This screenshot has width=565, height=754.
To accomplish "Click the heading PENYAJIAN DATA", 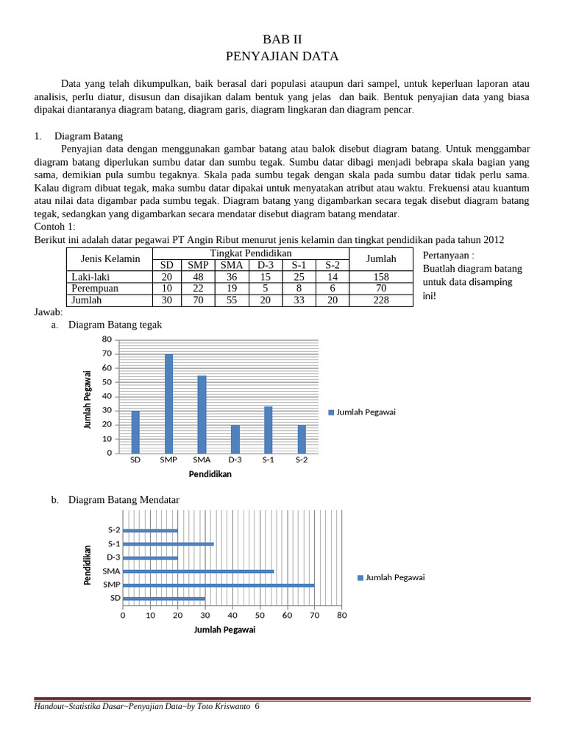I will tap(282, 56).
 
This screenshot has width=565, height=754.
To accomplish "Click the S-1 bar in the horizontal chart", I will tap(168, 544).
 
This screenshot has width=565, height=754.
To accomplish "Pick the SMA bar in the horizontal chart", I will tap(198, 571).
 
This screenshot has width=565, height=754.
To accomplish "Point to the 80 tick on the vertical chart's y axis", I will tap(107, 339).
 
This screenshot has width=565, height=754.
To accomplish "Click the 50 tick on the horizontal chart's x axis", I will tap(260, 615).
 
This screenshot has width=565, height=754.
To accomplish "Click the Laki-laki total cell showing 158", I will tap(381, 277).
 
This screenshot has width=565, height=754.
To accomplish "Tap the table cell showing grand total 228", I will tap(381, 300).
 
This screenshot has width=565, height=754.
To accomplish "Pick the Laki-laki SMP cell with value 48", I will tap(197, 277).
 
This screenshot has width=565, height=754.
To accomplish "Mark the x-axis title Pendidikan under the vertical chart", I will tap(210, 474).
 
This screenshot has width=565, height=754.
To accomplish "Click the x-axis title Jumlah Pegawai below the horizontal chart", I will tap(224, 630).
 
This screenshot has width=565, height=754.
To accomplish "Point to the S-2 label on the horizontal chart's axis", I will tap(114, 530).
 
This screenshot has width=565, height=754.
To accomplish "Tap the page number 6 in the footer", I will tap(257, 707).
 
